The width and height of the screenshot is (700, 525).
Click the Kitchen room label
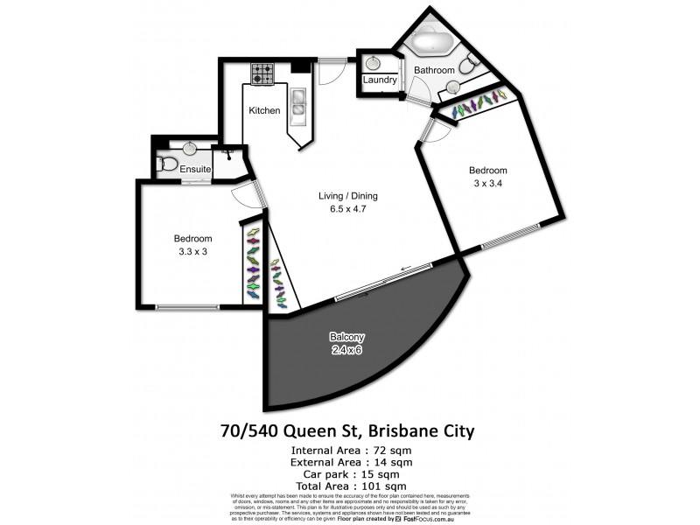point(264,111)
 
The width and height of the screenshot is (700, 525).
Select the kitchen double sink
point(297,104)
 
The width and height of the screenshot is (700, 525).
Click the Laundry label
point(381,80)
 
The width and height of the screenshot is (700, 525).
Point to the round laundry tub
point(374,63)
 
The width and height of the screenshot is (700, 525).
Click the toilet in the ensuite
point(166,163)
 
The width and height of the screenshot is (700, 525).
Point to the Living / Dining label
point(348,196)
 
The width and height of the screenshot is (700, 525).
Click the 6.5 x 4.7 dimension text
point(348,210)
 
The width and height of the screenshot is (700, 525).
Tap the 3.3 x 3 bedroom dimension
point(192,252)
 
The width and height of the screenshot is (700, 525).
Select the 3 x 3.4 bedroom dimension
point(487,184)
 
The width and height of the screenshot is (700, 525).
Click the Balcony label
point(347,338)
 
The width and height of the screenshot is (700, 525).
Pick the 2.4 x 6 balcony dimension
point(347,351)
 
